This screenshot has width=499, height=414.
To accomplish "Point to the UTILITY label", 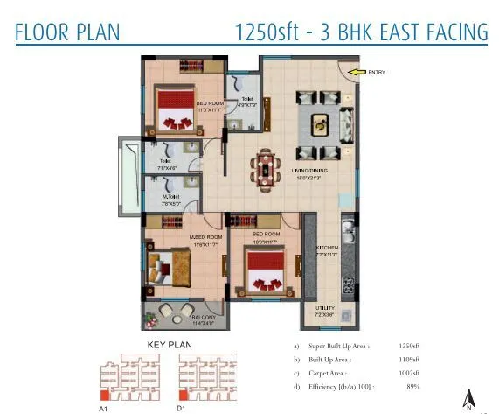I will [x=325, y=306].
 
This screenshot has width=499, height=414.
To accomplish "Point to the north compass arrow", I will [x=469, y=398].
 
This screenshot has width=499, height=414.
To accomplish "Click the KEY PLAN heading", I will [x=169, y=346].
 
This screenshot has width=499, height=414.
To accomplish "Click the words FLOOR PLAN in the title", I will [x=67, y=32].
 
